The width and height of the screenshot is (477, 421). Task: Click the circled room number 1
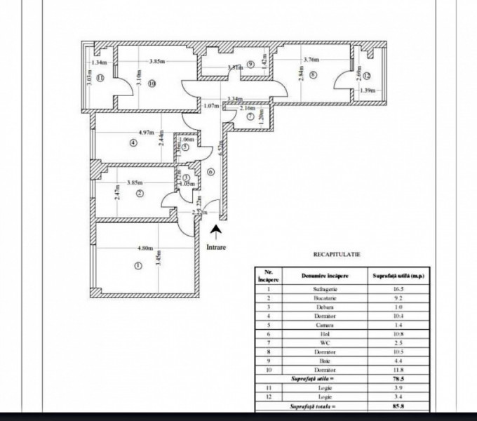[137, 265]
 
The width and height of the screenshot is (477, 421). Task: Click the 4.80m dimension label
[145, 248]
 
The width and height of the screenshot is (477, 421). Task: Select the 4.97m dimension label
[146, 132]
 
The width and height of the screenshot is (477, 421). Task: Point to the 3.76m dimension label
[292, 60]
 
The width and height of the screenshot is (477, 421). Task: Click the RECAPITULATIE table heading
[332, 257]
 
